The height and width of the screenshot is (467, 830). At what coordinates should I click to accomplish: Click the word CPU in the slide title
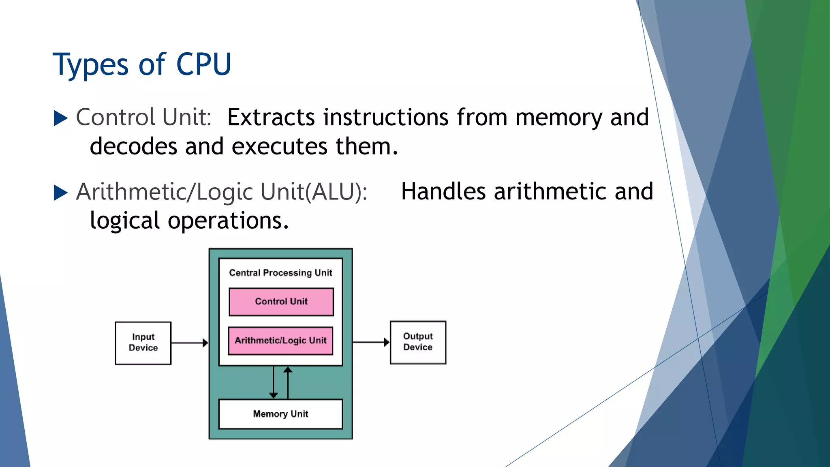pos(203,64)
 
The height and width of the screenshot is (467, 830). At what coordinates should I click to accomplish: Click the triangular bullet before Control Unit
pos(60,118)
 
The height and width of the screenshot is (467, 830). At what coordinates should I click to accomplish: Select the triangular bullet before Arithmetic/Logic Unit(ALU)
pos(60,193)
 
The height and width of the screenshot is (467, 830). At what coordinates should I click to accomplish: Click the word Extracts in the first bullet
pos(271,118)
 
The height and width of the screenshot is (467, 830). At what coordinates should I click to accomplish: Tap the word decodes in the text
pos(133,146)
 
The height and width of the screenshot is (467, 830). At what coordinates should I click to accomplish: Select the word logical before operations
pos(125,221)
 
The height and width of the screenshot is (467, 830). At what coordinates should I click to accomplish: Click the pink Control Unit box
pos(281,302)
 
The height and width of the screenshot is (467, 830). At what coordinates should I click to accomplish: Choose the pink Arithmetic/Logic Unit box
pos(280,341)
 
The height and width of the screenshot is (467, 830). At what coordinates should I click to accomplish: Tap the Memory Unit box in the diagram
pos(280,414)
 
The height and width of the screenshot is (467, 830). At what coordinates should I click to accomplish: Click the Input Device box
pos(143,343)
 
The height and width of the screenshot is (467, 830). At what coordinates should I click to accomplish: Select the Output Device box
pos(418,342)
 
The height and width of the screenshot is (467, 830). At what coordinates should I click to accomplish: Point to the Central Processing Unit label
pos(280,273)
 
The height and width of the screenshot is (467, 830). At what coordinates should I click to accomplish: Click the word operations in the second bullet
pos(228,221)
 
